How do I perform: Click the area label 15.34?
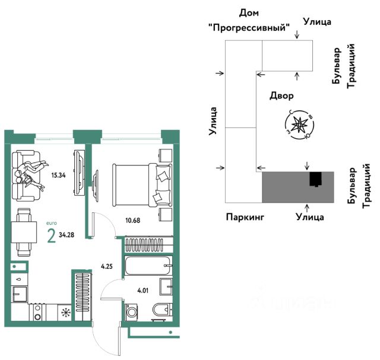(58, 176)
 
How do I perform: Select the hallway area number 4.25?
(107, 266)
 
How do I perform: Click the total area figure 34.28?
(67, 235)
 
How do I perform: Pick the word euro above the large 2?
(52, 224)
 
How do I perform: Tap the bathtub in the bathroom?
(148, 266)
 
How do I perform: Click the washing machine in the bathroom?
(132, 313)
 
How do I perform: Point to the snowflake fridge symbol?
(66, 313)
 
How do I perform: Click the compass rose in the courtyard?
(300, 124)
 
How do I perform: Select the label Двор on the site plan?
(281, 95)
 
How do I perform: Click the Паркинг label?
(244, 217)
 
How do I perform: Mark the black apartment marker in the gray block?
(316, 179)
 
